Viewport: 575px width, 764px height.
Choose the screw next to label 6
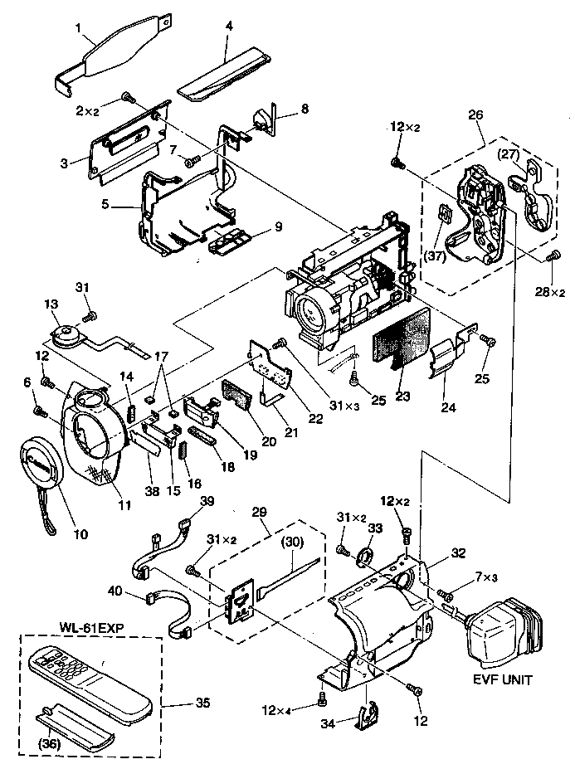[38, 411]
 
